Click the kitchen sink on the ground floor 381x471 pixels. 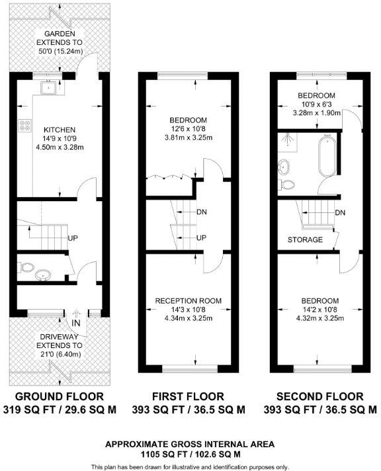click(x=48, y=87)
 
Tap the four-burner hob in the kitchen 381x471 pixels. click(x=25, y=126)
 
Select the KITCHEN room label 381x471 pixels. click(x=60, y=130)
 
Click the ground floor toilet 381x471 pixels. click(x=26, y=267)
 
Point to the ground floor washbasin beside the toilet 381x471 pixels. click(x=43, y=275)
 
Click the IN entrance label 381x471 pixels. click(x=76, y=323)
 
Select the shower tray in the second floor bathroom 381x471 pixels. click(x=288, y=142)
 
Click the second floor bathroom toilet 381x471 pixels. click(x=286, y=185)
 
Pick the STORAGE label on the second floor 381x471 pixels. click(x=305, y=239)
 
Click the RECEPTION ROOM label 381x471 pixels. click(x=189, y=301)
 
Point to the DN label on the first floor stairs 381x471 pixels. click(x=202, y=212)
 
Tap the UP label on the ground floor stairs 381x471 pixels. click(x=73, y=238)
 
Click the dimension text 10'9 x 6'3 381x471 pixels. click(x=316, y=105)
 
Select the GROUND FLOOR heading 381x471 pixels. click(x=60, y=396)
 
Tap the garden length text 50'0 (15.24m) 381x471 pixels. click(x=60, y=51)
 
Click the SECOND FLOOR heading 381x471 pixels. click(x=320, y=396)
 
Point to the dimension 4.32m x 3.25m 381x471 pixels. click(x=320, y=318)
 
